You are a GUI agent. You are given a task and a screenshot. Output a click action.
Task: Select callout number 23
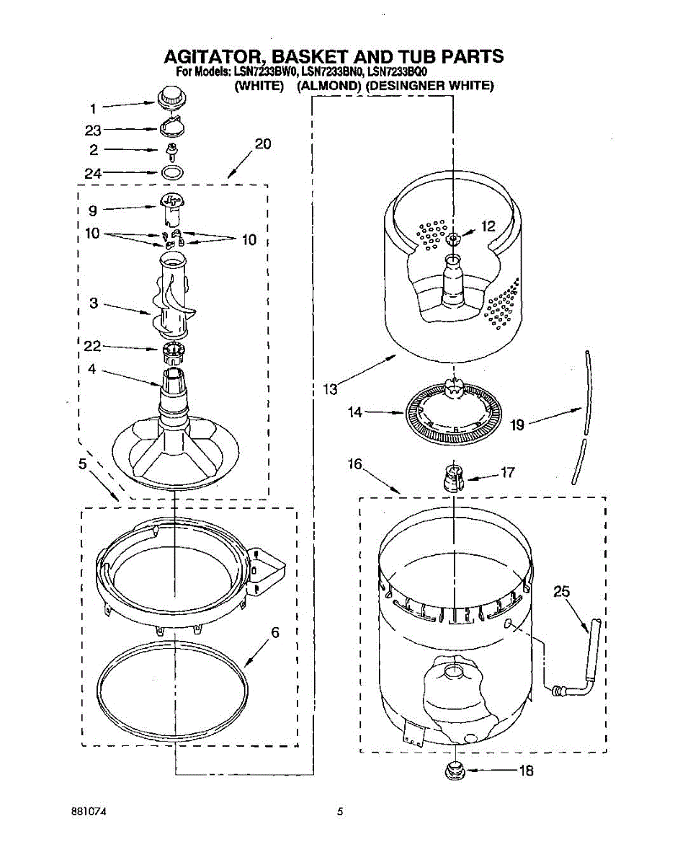93,130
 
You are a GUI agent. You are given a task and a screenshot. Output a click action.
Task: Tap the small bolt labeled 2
172,151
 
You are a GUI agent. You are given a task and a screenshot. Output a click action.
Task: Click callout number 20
263,143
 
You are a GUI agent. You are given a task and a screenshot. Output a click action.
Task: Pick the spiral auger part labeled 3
172,299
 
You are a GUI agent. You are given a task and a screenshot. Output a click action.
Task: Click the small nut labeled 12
452,239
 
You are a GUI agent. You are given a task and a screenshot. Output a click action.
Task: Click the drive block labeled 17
452,476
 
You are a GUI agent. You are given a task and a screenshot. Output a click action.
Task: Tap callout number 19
517,425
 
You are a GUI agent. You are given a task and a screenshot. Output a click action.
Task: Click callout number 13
331,389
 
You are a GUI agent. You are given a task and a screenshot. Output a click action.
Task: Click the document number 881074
89,812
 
